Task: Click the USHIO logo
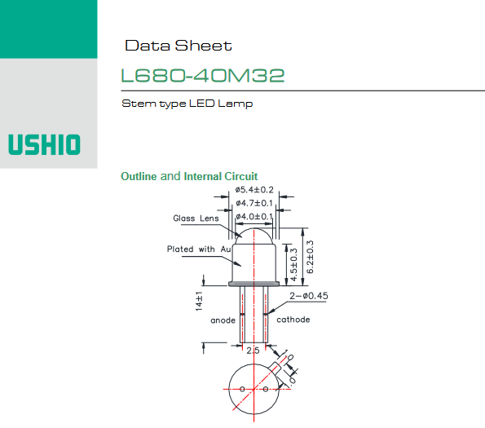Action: point(44,144)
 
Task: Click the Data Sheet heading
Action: point(179,46)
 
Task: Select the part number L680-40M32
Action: point(203,76)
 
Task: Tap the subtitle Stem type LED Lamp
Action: point(187,104)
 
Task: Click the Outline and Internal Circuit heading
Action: point(189,176)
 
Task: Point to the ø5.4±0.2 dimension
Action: point(254,190)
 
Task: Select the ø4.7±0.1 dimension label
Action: point(254,203)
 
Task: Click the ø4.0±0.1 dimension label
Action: point(254,216)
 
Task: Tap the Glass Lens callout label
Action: point(196,218)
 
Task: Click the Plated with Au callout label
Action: point(199,249)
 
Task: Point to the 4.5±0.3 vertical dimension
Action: point(293,264)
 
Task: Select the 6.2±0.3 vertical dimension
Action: point(310,257)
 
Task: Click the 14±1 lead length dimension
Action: point(199,301)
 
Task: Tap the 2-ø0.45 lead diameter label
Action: point(309,296)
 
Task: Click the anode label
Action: point(223,320)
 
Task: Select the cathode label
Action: point(293,320)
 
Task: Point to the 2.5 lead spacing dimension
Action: point(253,351)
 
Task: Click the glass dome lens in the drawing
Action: point(254,236)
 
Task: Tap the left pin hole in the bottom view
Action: point(242,389)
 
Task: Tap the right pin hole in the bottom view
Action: point(266,389)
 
